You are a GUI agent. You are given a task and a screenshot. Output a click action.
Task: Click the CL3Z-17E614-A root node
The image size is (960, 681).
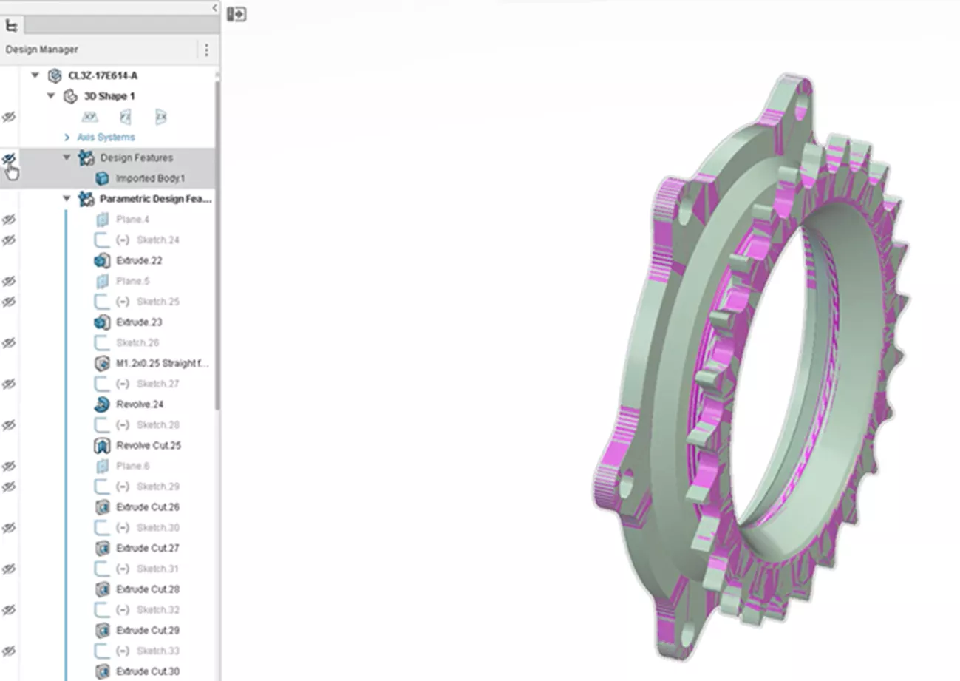pos(102,75)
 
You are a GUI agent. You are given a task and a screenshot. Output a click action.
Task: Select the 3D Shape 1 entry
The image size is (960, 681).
pos(109,96)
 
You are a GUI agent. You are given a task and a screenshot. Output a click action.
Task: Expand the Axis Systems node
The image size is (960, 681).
pos(67,138)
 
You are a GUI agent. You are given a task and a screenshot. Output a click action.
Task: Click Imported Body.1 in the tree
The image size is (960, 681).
pos(149,178)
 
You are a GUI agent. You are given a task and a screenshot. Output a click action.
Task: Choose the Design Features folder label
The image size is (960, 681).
pos(136,157)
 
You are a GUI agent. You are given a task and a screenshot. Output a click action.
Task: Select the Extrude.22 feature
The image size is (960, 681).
pos(139,260)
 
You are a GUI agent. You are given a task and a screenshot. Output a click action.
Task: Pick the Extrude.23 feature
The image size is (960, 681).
pos(139,322)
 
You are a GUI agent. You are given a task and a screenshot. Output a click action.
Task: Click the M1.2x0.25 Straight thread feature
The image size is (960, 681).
pos(166,363)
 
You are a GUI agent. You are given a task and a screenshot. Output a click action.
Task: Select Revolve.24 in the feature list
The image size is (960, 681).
pos(140,404)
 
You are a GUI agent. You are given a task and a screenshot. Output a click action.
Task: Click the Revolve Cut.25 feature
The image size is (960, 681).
pos(148,445)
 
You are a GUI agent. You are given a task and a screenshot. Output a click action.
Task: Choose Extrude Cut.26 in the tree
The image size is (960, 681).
pos(147,507)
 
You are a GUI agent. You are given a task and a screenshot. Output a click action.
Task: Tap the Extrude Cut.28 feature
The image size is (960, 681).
pos(147,589)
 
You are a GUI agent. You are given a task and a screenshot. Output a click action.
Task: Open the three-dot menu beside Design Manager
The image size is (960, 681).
pos(206,50)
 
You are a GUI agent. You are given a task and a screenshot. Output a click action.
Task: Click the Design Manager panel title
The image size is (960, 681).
pos(41,50)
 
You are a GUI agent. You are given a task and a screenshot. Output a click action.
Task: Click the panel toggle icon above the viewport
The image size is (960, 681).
pos(236,14)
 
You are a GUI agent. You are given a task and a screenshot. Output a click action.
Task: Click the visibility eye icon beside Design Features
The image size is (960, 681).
pos(9,158)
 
